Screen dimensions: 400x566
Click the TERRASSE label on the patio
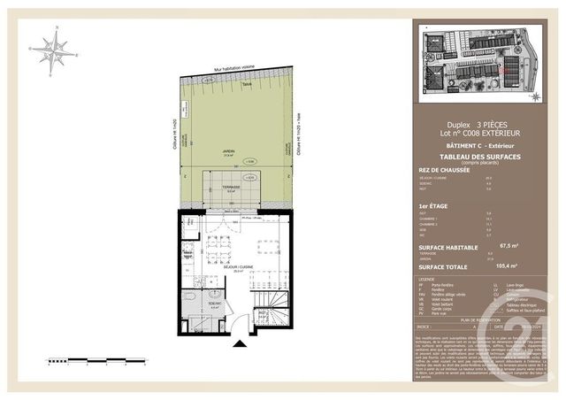pyautogui.click(x=229, y=187)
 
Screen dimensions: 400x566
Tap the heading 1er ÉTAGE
pyautogui.click(x=432, y=205)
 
